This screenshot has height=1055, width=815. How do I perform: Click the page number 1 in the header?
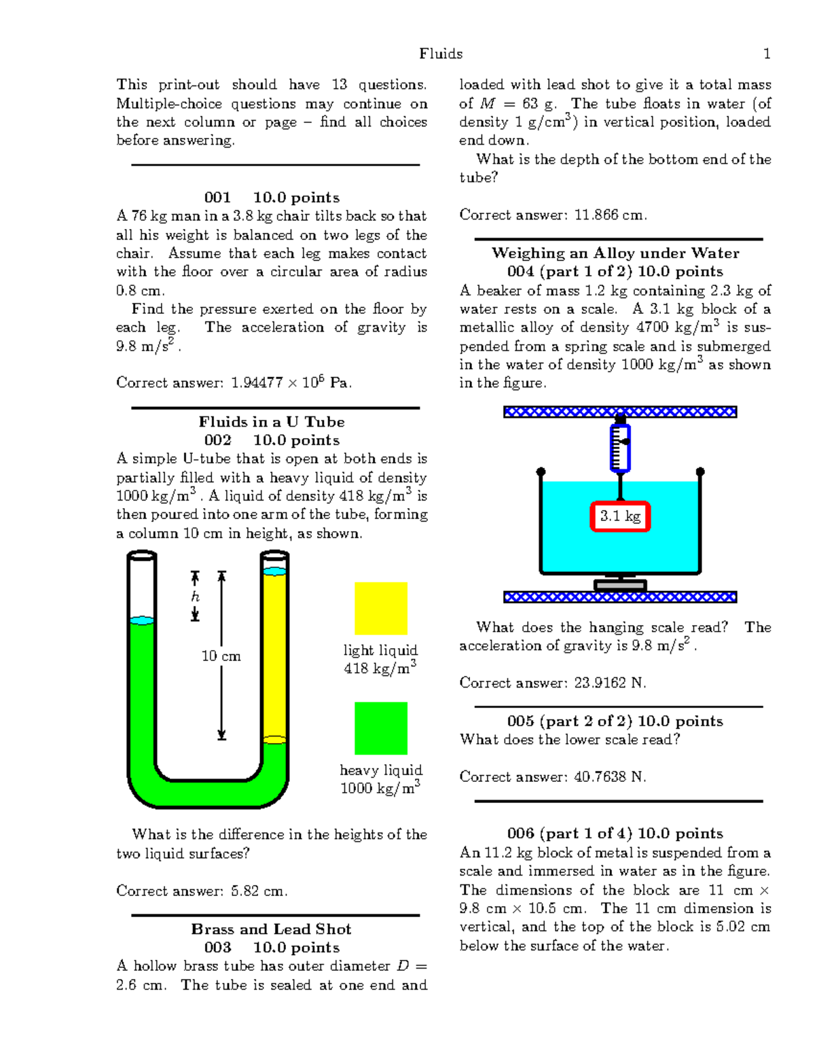point(767,54)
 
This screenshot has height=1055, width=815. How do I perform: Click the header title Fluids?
point(441,54)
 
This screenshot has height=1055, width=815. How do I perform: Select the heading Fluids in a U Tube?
point(271,421)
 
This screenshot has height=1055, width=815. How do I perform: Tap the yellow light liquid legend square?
point(380,608)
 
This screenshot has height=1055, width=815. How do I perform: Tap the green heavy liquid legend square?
point(380,728)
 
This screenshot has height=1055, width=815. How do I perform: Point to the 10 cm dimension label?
point(221,656)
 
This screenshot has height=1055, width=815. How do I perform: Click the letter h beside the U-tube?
point(196,596)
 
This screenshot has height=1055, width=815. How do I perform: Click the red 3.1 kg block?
point(620,516)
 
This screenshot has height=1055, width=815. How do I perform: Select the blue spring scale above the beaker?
point(620,448)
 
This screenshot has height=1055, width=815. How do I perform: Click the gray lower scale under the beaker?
point(620,584)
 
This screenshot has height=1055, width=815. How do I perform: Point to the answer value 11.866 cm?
point(610,215)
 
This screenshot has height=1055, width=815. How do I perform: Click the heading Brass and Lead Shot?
point(271,929)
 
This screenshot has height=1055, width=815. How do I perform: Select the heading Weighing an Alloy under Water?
point(615,253)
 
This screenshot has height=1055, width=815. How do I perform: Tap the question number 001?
point(217,198)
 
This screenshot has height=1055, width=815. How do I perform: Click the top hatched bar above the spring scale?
point(620,412)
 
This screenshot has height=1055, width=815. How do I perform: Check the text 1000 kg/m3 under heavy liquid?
point(380,788)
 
